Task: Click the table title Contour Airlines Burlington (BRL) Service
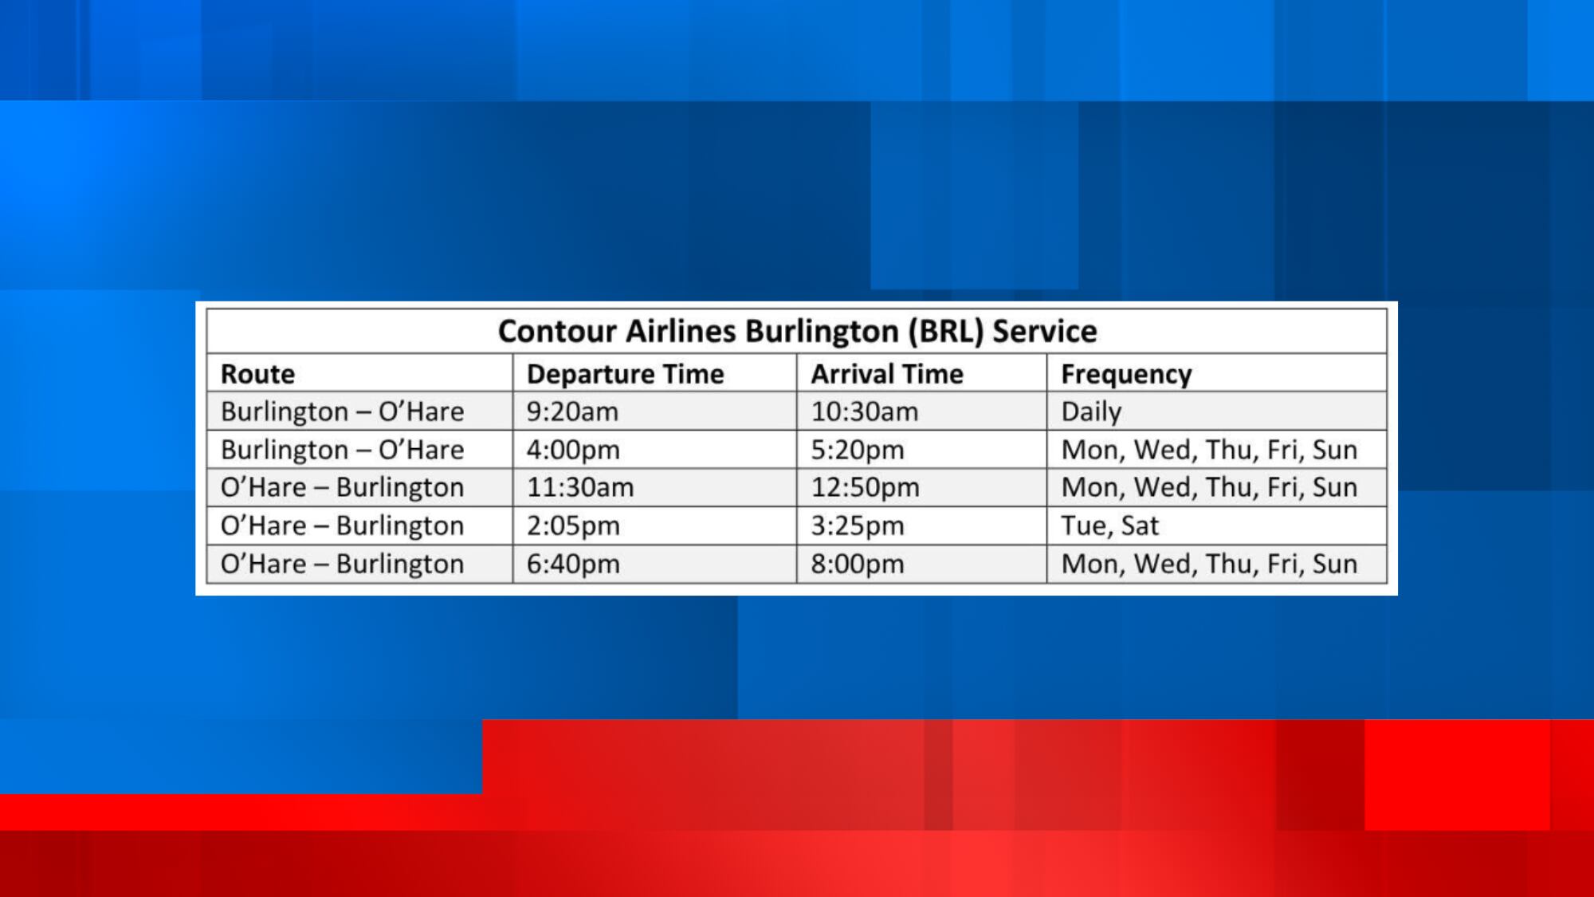797,331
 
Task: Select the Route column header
257,374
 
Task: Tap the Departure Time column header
625,374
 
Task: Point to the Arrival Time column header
887,374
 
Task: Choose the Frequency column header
1126,375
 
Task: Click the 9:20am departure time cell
572,411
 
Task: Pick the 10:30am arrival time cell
865,411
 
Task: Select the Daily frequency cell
1091,412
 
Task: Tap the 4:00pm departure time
573,450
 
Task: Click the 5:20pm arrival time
858,450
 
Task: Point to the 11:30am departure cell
580,487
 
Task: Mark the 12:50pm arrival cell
866,487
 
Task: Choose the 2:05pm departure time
573,525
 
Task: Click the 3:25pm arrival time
858,525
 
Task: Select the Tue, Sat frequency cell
1109,526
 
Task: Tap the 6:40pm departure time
573,564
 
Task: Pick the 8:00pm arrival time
858,564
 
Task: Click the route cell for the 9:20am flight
342,411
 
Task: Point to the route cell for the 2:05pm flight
342,525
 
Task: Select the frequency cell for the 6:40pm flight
1209,564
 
